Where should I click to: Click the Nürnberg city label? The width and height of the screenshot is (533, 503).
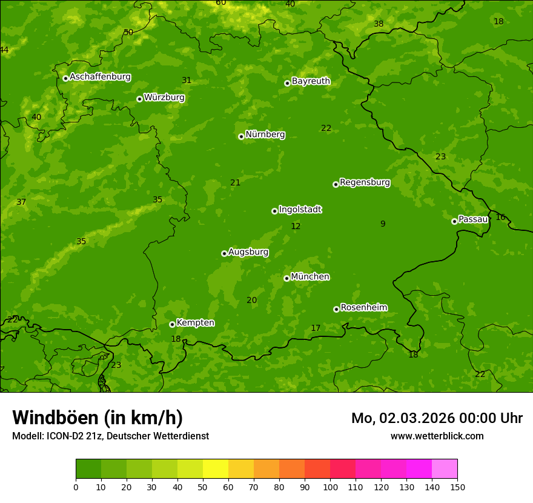265,135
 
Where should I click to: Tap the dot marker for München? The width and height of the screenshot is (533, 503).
286,278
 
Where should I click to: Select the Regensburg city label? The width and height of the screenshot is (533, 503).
365,182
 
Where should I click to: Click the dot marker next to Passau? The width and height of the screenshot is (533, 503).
454,221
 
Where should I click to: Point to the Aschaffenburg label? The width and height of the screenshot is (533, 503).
100,77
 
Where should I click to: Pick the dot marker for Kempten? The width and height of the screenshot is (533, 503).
172,324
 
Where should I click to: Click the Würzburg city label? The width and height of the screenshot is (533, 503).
164,98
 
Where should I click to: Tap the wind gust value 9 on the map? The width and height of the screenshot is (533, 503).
383,224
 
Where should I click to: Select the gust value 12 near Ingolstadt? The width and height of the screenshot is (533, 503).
296,227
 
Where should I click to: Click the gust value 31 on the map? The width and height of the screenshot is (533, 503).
187,81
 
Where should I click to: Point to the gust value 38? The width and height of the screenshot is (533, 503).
379,24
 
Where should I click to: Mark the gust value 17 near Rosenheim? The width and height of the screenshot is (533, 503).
316,328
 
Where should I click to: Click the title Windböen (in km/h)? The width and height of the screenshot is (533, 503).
98,418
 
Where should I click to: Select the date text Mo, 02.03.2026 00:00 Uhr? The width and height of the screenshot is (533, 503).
437,418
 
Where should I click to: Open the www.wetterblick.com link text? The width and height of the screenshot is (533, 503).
437,436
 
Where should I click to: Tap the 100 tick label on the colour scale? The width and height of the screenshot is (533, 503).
330,487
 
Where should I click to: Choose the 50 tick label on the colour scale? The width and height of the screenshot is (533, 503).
203,487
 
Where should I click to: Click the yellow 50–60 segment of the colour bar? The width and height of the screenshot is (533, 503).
216,469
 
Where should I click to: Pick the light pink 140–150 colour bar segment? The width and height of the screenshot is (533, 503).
445,469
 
